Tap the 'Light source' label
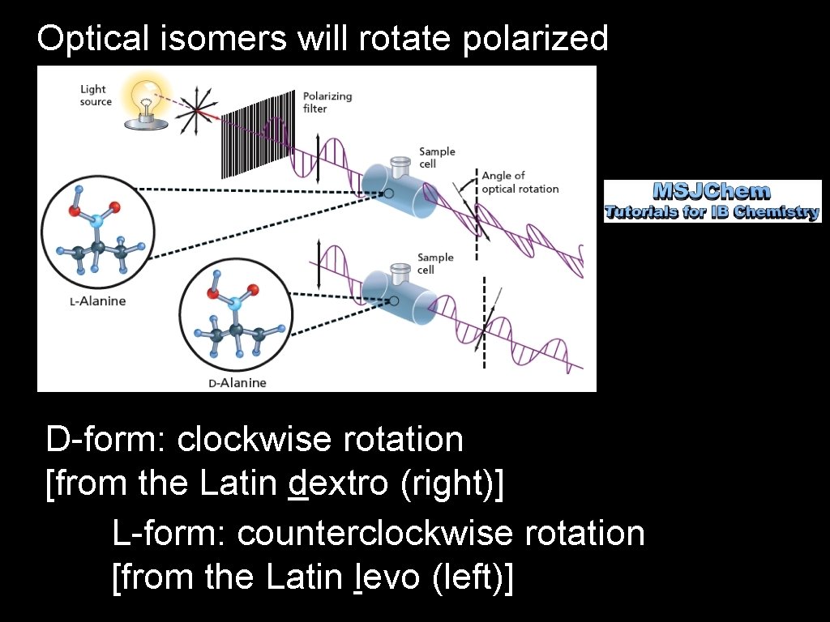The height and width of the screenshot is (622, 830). click(x=95, y=96)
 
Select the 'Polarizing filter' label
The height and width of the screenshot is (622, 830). click(x=327, y=102)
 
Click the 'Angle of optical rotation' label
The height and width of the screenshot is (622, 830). click(x=520, y=182)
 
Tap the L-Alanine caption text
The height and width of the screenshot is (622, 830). click(x=97, y=301)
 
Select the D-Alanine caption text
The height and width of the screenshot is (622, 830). click(x=237, y=382)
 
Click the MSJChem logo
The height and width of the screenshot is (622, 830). click(x=712, y=202)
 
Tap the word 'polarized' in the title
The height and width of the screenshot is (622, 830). click(x=536, y=38)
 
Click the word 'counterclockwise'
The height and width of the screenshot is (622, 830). click(x=375, y=534)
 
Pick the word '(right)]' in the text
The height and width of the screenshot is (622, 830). click(x=451, y=484)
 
